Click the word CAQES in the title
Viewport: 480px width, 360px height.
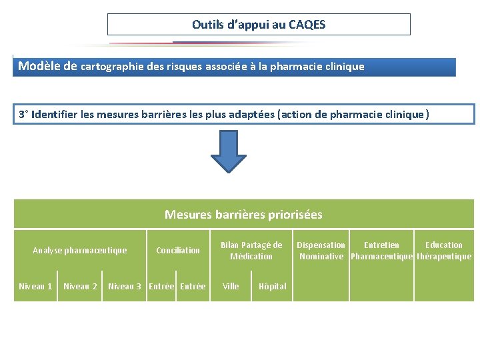pos(307,25)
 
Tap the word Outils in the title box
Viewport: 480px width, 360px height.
pos(208,25)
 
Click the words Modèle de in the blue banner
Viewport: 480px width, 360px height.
pos(48,66)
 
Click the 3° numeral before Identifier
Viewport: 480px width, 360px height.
pos(23,115)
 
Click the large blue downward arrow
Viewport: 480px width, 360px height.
pos(229,153)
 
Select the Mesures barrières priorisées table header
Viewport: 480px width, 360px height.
pos(243,215)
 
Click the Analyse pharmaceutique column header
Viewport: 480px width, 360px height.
pos(79,251)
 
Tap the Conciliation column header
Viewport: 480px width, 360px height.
pos(177,251)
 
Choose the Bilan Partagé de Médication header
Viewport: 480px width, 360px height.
pos(251,251)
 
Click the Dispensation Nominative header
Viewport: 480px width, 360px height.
pos(321,251)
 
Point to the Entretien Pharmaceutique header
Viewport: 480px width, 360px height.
pos(381,251)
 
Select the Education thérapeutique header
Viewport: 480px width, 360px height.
pos(444,251)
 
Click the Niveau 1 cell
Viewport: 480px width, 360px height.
pos(35,287)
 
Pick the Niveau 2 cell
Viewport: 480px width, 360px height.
pos(80,287)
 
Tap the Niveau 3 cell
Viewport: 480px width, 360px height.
pos(125,287)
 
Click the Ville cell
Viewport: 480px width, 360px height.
pos(231,287)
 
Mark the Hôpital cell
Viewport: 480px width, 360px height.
pos(273,287)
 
